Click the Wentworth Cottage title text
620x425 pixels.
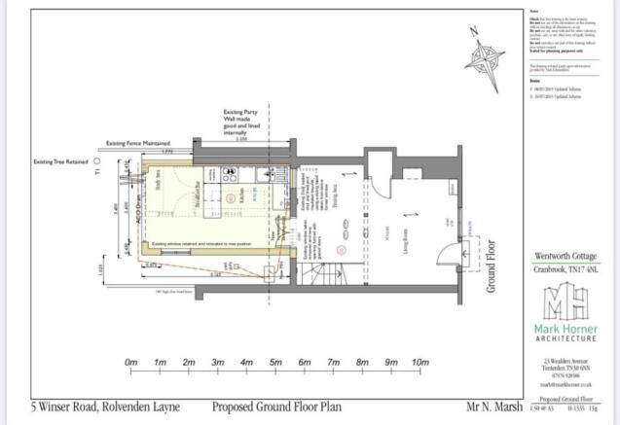tap(565, 258)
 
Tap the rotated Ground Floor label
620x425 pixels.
tap(493, 262)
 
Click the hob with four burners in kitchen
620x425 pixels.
tap(231, 176)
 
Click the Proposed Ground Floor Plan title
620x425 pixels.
tap(268, 408)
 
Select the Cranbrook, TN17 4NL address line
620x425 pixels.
tap(565, 271)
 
